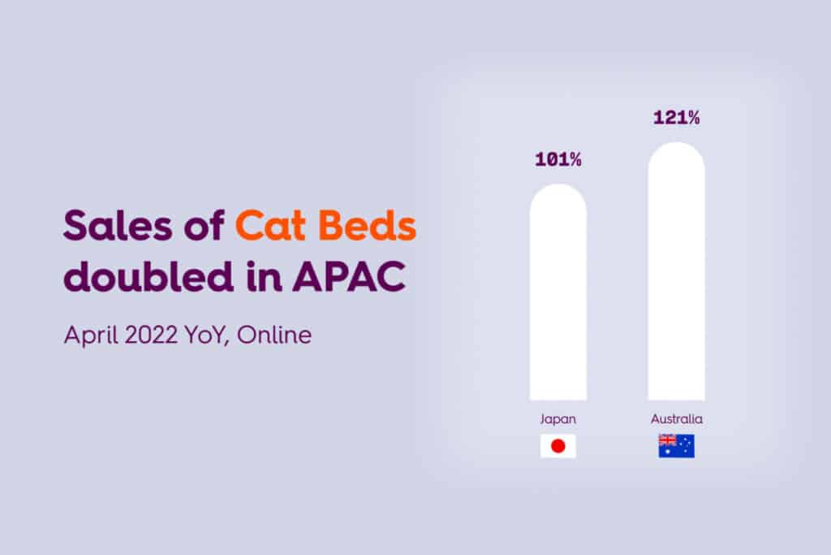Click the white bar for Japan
[558, 292]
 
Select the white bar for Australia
[676, 271]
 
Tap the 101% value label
[558, 160]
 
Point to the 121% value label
[676, 118]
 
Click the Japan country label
[558, 419]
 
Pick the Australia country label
[677, 419]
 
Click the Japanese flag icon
[558, 445]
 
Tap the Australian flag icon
[676, 445]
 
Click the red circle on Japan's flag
[558, 445]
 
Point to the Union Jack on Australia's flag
[667, 440]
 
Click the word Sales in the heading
[118, 226]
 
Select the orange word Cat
[269, 226]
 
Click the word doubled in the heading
[149, 275]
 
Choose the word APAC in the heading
[349, 276]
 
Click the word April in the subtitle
[91, 336]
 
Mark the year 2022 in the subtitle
[151, 336]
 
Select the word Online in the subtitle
[274, 336]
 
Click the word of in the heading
[204, 226]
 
